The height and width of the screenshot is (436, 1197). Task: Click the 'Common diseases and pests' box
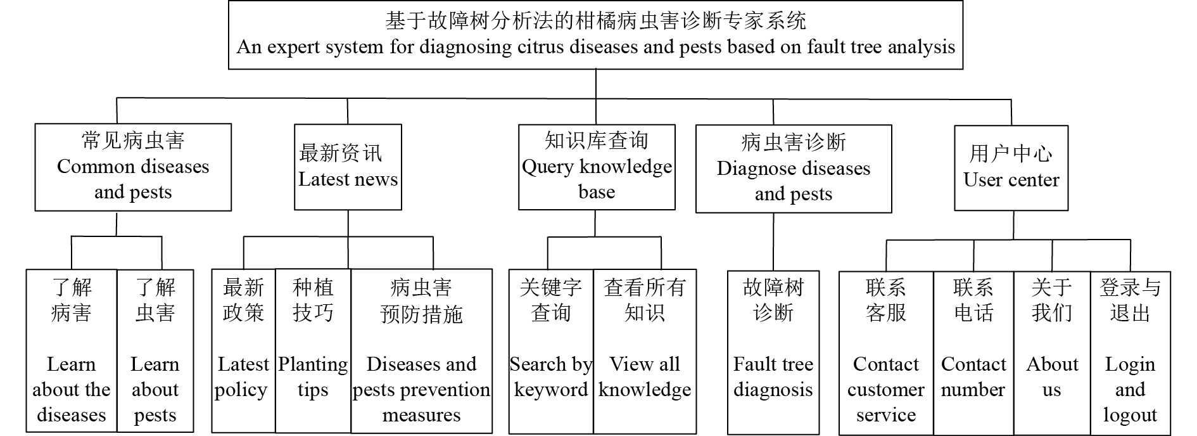[x=133, y=167]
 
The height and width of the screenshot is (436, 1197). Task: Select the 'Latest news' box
[x=348, y=167]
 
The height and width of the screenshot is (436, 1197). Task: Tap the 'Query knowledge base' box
[x=597, y=167]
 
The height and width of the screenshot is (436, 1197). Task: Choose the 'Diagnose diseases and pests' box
[x=794, y=169]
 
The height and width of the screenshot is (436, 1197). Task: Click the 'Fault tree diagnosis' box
[x=773, y=352]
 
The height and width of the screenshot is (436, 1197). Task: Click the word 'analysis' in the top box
[x=921, y=48]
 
